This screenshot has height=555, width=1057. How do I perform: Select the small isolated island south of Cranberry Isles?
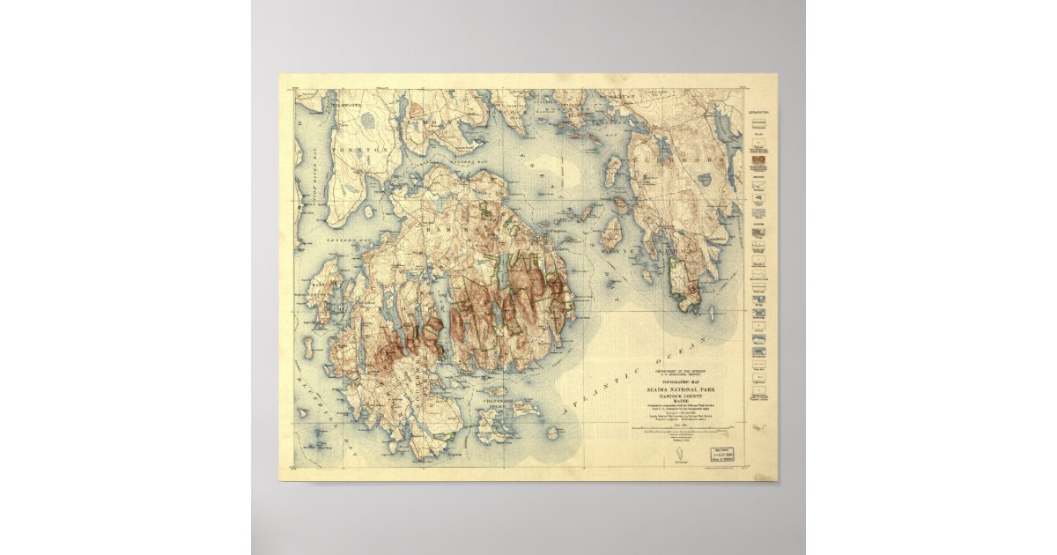click(x=551, y=433)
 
